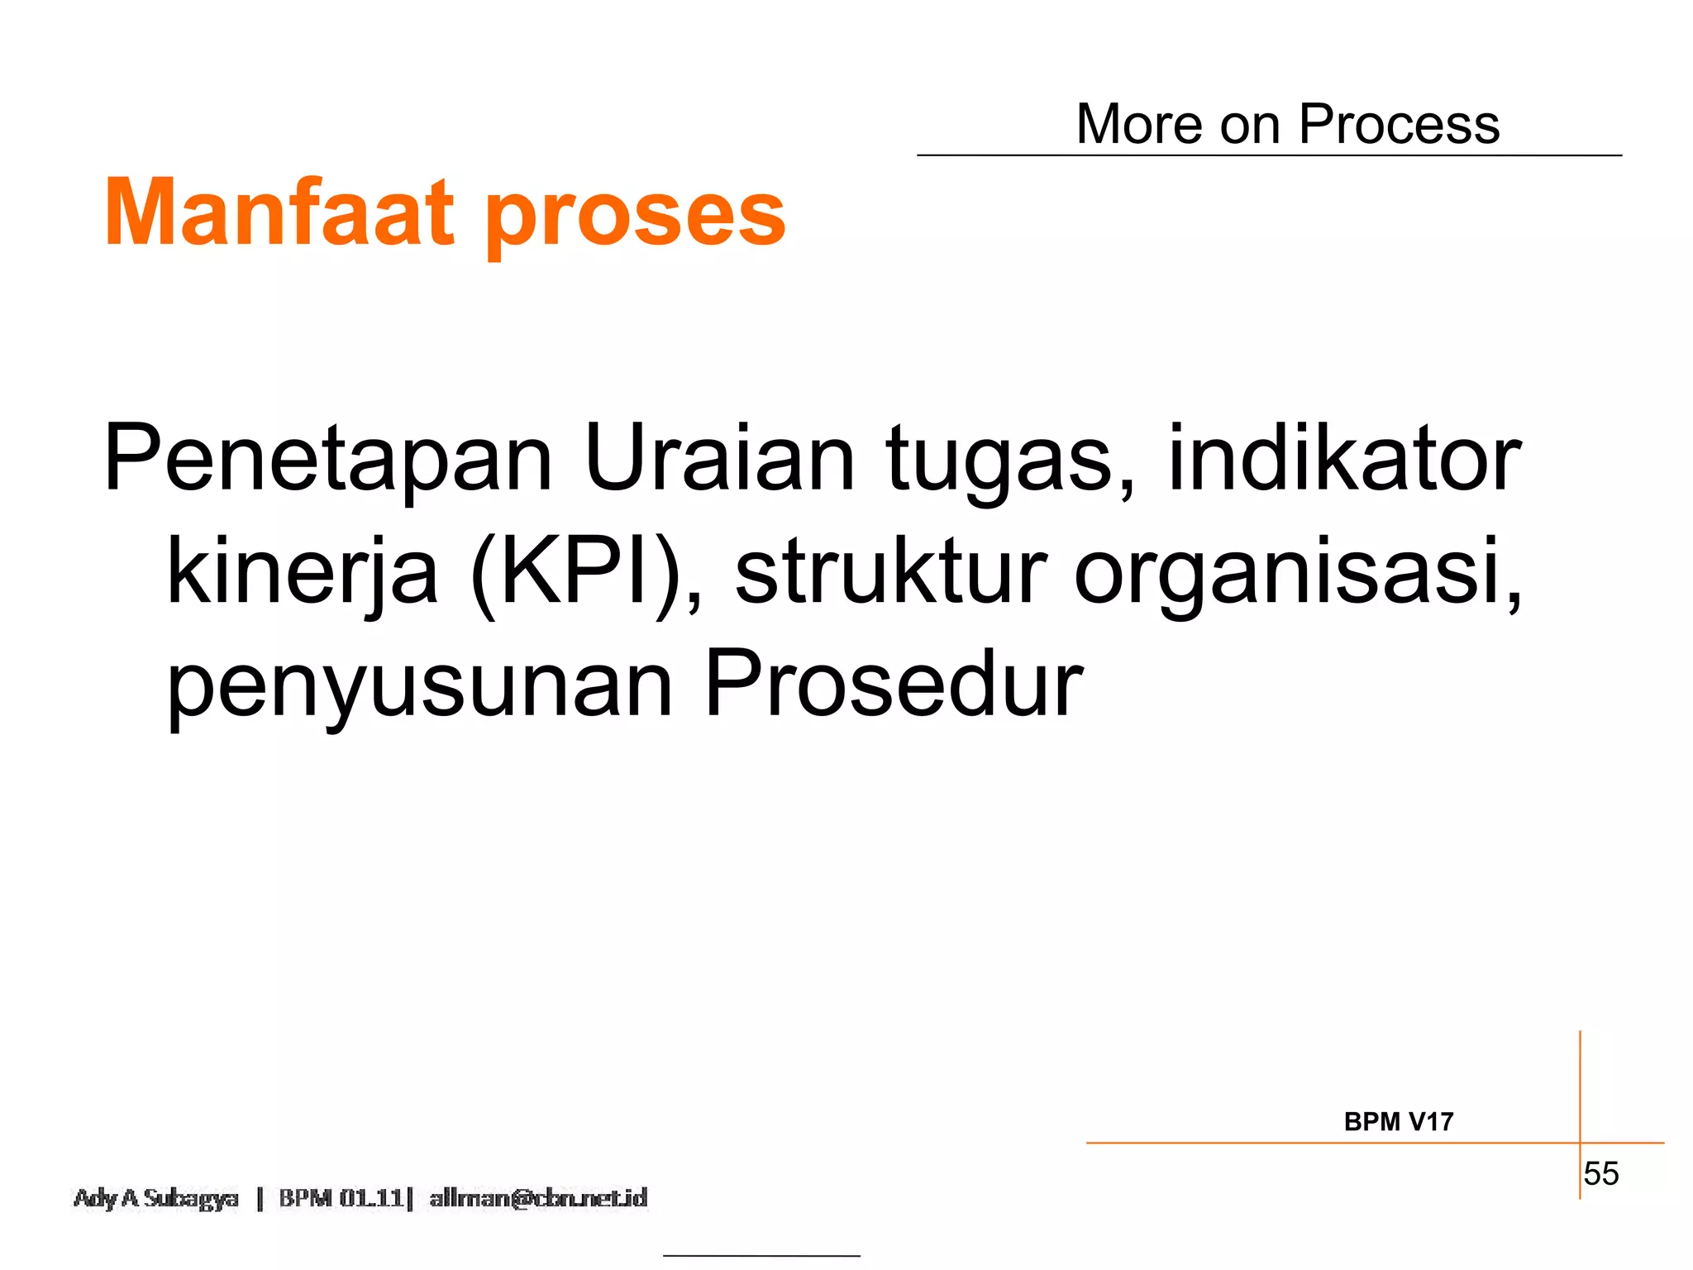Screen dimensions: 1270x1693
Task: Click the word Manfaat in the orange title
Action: coord(279,212)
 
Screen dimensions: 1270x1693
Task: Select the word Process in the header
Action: coord(1399,125)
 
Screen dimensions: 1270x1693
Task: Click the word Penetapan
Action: coord(327,460)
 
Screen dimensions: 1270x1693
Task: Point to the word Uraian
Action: coord(719,458)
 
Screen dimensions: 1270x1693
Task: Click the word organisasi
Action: coord(1298,575)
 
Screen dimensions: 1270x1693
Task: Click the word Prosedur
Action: coord(893,685)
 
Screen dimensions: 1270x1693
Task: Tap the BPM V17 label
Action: coord(1398,1122)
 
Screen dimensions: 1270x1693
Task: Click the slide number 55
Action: coord(1600,1174)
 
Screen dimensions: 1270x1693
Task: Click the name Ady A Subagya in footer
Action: coord(156,1198)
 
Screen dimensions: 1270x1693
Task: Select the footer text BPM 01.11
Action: coord(341,1198)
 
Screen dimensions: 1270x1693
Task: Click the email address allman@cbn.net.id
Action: coord(538,1198)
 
